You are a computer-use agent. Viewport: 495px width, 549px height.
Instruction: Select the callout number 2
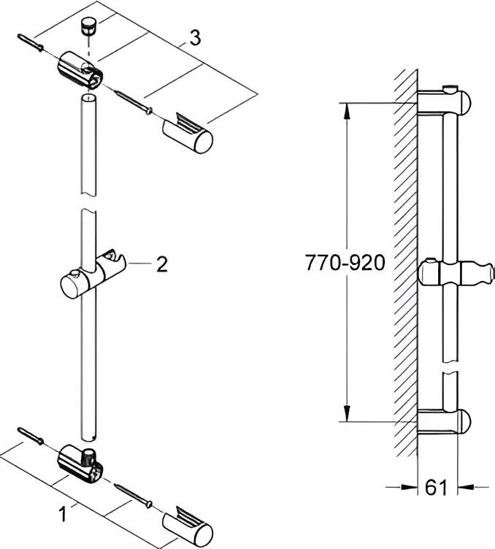[161, 264]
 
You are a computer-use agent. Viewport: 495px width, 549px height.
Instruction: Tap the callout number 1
[63, 515]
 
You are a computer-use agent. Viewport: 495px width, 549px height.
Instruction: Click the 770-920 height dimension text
[344, 264]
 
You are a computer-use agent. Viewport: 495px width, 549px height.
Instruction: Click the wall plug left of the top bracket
[30, 43]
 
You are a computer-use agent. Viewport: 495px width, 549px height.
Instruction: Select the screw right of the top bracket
[134, 101]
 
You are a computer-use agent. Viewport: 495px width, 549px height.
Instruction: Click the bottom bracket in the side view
[445, 422]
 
